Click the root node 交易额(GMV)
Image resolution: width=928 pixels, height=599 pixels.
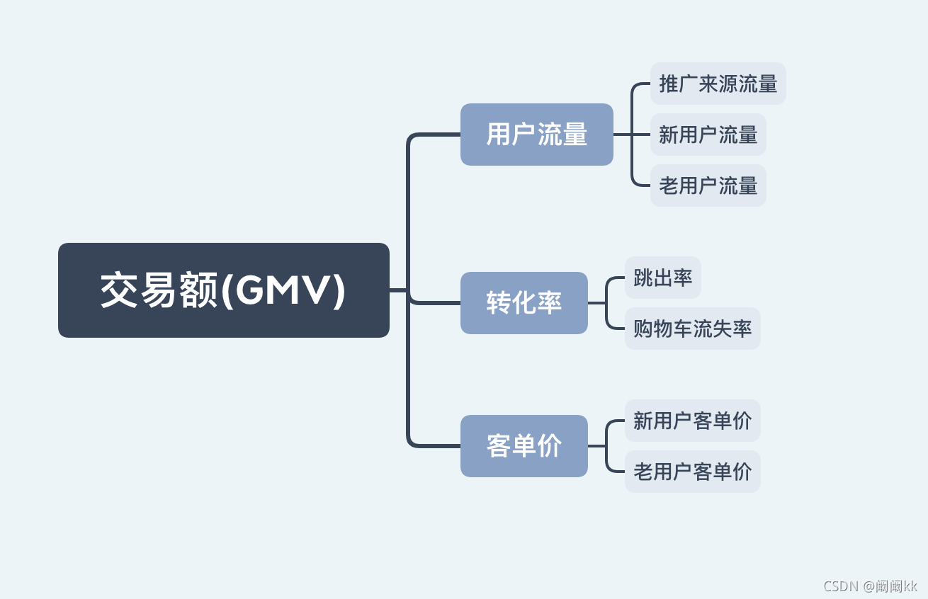(x=223, y=290)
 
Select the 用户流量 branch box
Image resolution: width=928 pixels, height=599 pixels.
(x=536, y=135)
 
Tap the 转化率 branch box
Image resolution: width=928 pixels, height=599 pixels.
(x=524, y=303)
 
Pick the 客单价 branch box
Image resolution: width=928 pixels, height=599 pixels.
(x=524, y=446)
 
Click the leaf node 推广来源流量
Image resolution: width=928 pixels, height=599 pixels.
(x=718, y=84)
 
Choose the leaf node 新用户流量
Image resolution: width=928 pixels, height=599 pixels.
(x=708, y=135)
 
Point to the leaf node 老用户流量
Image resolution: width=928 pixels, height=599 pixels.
(x=708, y=186)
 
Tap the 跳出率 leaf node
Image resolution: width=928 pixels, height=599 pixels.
(x=662, y=278)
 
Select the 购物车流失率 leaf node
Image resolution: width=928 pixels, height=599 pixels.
(x=692, y=329)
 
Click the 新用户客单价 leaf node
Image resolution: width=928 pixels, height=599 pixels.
(x=692, y=421)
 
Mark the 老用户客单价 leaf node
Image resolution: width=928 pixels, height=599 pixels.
(x=692, y=472)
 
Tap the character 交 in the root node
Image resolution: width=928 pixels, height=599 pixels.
(x=118, y=291)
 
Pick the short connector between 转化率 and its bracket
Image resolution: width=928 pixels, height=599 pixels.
(x=596, y=303)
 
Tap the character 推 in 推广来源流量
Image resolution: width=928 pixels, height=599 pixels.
(x=669, y=84)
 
